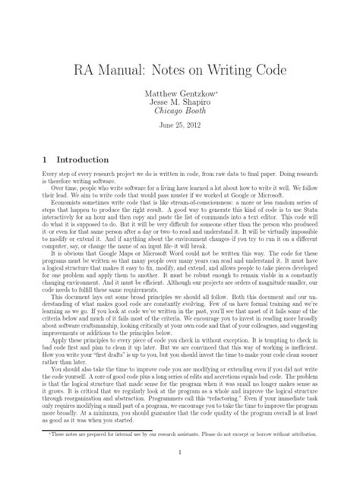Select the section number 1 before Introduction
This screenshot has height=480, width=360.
coord(37,160)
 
